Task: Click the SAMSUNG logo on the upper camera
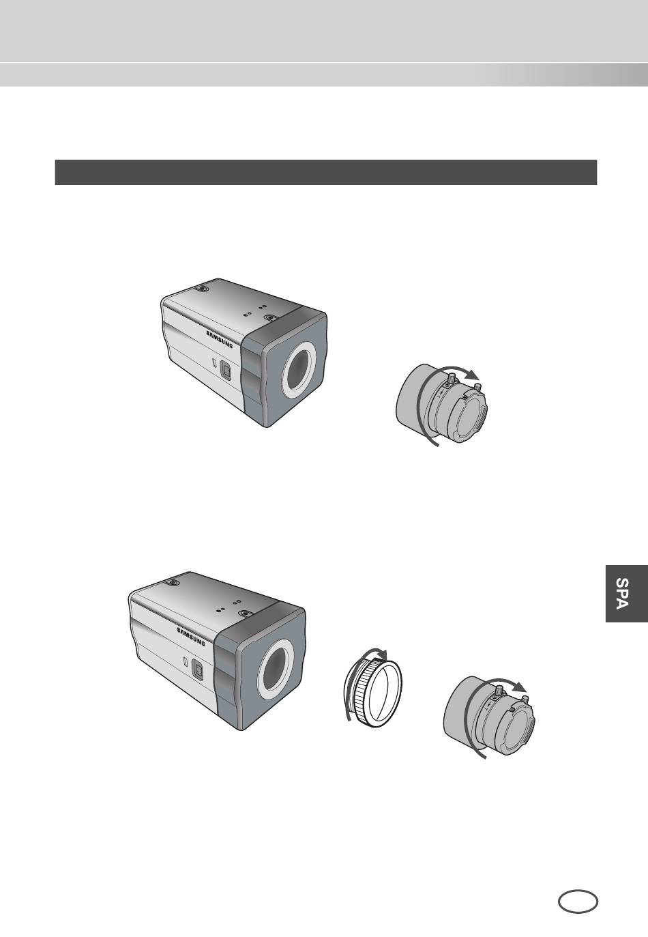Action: coord(220,339)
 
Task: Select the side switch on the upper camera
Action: coord(226,370)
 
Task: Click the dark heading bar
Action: coord(325,172)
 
